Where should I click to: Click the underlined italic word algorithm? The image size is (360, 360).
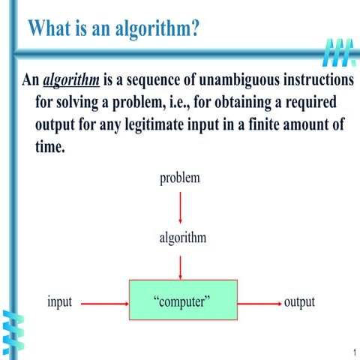coord(71,80)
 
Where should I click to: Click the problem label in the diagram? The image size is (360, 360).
coord(180,178)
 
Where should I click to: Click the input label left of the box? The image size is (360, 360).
coord(59,302)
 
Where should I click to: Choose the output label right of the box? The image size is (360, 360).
coord(299,302)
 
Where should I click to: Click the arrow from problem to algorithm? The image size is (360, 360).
coord(180,206)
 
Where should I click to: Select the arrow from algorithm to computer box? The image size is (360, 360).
coord(180,266)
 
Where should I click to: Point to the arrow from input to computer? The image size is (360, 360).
coord(104,304)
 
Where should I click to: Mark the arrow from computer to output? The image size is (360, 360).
coord(259,304)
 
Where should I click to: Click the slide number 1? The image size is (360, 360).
coord(351,352)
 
